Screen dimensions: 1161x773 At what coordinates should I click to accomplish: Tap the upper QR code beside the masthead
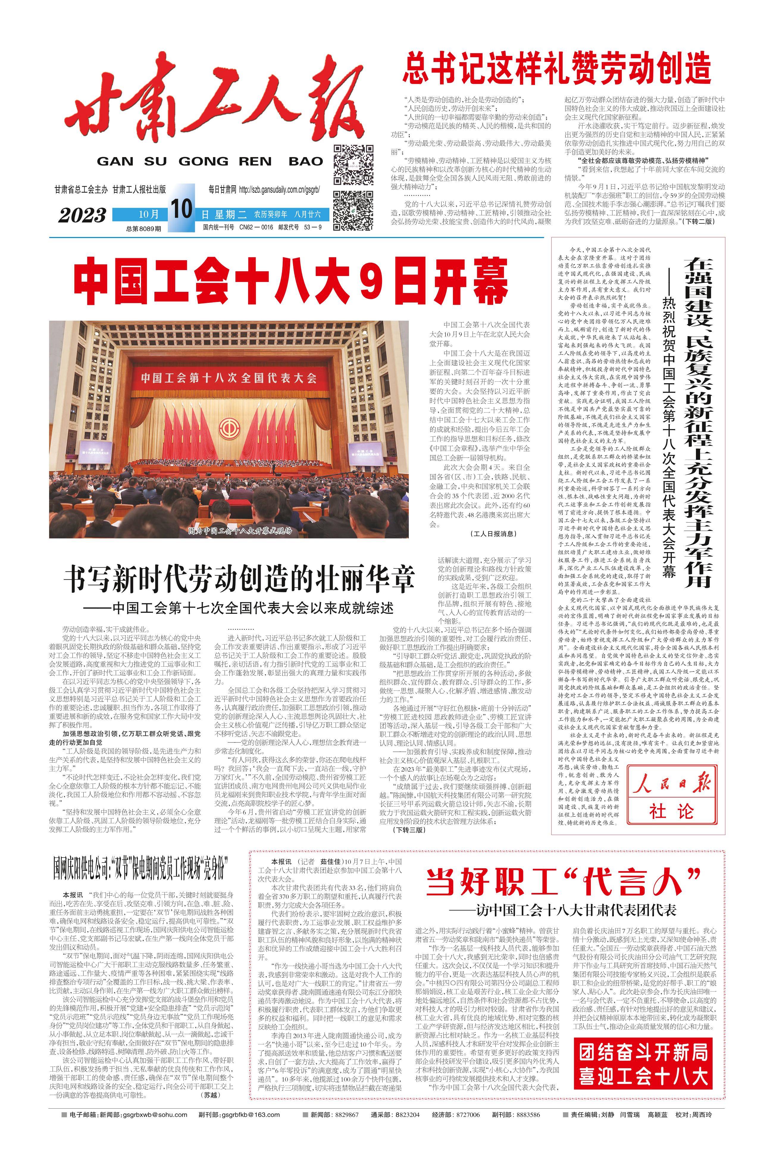pyautogui.click(x=353, y=164)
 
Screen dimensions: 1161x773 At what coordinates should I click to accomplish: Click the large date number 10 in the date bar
pyautogui.click(x=181, y=209)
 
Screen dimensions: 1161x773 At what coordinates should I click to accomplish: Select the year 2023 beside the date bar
pyautogui.click(x=82, y=215)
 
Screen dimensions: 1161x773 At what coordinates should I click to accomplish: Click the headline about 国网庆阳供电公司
pyautogui.click(x=140, y=869)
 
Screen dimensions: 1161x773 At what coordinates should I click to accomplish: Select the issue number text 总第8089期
pyautogui.click(x=143, y=229)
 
